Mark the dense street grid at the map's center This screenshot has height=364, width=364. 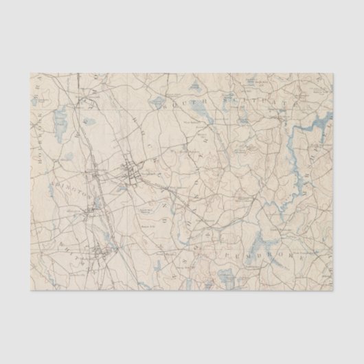click(x=134, y=175)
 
